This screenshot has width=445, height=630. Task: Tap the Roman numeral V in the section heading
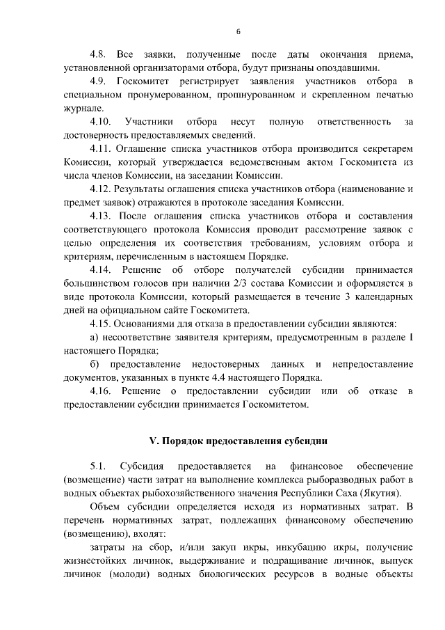(x=154, y=441)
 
